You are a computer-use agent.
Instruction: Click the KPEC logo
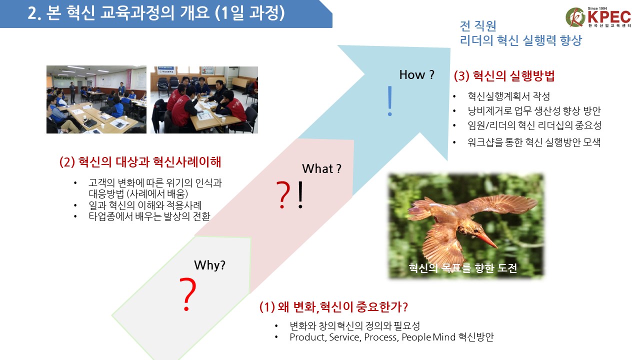[598, 17]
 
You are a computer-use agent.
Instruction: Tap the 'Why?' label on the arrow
[209, 265]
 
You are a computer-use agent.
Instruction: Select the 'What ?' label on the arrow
[321, 169]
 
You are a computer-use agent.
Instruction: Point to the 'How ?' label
[417, 75]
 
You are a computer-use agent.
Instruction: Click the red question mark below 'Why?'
[187, 294]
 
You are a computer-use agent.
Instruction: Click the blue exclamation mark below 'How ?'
[389, 101]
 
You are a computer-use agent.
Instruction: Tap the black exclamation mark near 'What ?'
[300, 194]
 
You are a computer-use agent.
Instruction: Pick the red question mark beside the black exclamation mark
[283, 195]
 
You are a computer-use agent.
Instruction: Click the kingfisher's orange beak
[486, 240]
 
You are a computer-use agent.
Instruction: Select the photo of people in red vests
[204, 99]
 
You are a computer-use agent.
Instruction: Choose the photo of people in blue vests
[96, 99]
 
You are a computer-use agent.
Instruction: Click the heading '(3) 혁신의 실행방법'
[504, 76]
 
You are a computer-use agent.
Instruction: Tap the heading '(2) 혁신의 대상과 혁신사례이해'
[140, 162]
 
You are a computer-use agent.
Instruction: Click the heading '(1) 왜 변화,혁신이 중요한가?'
[333, 307]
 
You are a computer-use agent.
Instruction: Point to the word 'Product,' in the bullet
[308, 337]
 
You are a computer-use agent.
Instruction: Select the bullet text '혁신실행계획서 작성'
[509, 96]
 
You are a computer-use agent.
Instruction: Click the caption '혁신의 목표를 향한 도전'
[463, 268]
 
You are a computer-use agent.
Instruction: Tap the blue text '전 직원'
[478, 26]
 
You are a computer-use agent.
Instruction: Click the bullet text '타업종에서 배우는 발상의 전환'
[149, 216]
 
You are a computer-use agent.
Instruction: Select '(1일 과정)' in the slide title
[249, 13]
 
